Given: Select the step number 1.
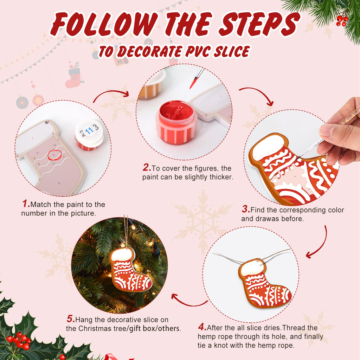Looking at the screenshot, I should [26, 204].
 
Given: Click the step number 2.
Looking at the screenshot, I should [147, 168].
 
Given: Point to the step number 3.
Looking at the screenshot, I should [246, 210].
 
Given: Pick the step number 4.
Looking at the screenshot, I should [202, 327].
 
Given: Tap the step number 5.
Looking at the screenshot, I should [71, 320].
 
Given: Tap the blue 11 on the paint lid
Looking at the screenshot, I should [89, 131].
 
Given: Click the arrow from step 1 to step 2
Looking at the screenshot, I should [111, 95].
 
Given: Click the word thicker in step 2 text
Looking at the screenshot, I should [220, 177].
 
